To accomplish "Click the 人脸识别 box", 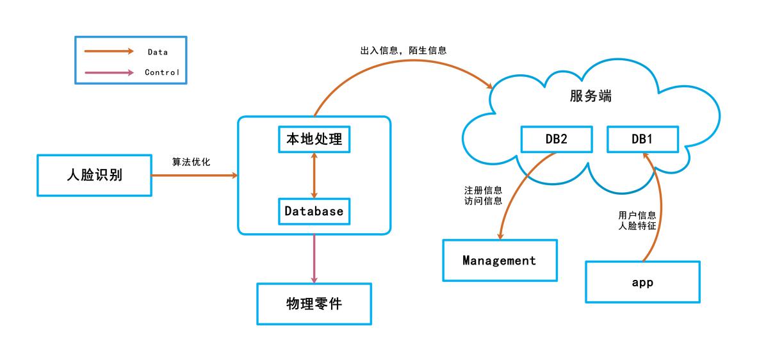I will click(94, 175).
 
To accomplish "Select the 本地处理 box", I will click(314, 138).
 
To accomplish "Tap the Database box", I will click(314, 211).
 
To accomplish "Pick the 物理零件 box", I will click(314, 303).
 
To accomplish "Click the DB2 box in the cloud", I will click(555, 139).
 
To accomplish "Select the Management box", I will click(500, 261).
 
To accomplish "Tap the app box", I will click(642, 282).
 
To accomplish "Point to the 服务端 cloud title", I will click(590, 96).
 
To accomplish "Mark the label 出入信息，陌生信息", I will click(403, 49).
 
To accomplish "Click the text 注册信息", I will click(483, 191).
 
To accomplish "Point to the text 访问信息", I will click(483, 202).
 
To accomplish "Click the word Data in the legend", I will click(158, 52).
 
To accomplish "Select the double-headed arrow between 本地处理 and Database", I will click(314, 175).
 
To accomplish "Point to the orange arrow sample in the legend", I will click(109, 51).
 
